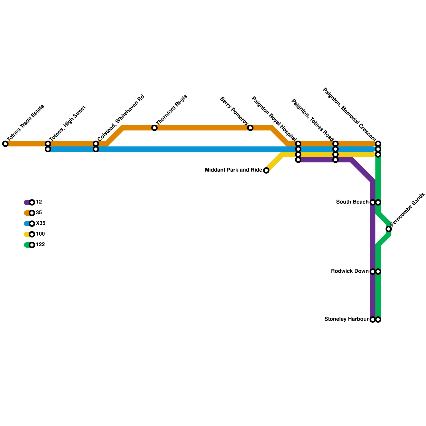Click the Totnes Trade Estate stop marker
(x=5, y=144)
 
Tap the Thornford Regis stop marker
(x=154, y=128)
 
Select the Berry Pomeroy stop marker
(x=250, y=128)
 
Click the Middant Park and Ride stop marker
(x=266, y=170)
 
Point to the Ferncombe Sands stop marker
(x=389, y=229)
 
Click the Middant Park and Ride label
(x=233, y=170)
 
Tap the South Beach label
(x=352, y=202)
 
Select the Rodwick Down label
(x=350, y=271)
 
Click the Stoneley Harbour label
(x=346, y=319)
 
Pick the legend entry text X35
(x=40, y=223)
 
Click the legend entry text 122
(x=40, y=245)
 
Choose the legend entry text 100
(x=40, y=234)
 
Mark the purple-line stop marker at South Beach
(x=373, y=202)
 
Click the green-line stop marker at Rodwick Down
(x=378, y=272)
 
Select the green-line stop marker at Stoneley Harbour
(x=378, y=319)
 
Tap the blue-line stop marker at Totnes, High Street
(x=48, y=149)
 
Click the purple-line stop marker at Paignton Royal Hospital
(x=298, y=160)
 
